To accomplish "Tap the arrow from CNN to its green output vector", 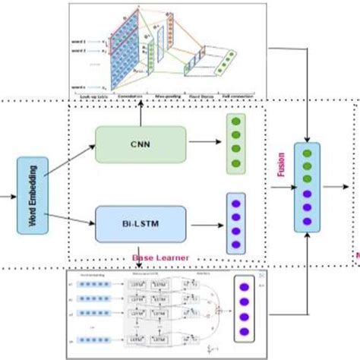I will pyautogui.click(x=204, y=140).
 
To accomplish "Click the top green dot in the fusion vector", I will pyautogui.click(x=307, y=153).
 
